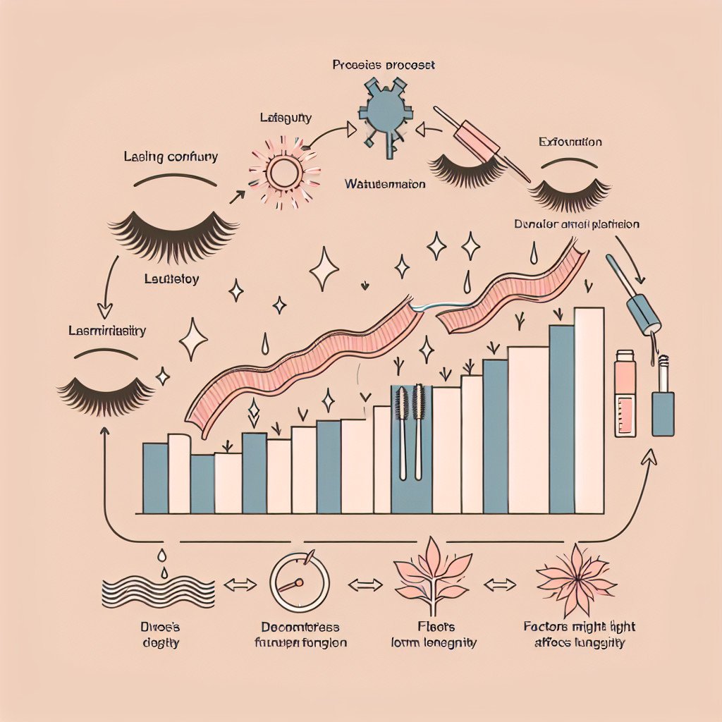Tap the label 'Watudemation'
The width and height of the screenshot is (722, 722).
click(x=385, y=184)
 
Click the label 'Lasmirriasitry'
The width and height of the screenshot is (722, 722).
click(x=106, y=331)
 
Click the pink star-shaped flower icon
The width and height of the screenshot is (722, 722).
click(x=576, y=580)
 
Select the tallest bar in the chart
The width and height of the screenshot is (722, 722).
click(x=589, y=410)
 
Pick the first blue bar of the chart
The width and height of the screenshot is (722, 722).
click(x=155, y=478)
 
